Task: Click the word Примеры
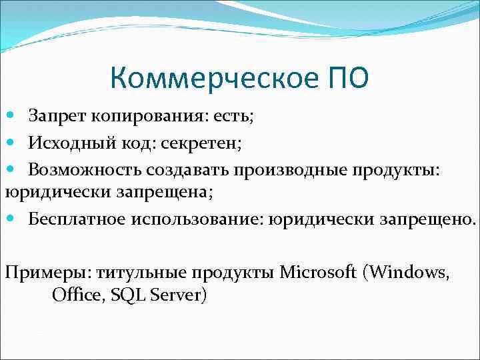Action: tap(47, 273)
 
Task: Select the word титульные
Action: tap(142, 273)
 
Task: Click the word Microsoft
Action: tap(318, 273)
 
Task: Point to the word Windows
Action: tap(409, 273)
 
